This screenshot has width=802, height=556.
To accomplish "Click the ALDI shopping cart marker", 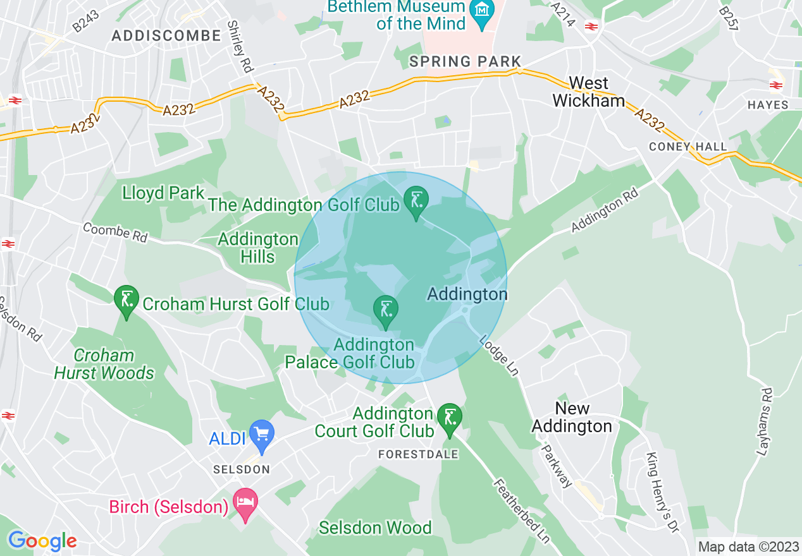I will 262,434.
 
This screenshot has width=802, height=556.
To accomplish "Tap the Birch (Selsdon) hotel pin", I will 245,504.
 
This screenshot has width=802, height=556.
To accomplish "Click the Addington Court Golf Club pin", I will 450,419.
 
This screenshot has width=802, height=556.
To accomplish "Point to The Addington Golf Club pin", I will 416,202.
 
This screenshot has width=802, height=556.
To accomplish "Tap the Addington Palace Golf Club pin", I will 385,311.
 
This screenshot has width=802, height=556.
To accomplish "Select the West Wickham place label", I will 588,92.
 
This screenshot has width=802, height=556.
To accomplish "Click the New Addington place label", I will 572,417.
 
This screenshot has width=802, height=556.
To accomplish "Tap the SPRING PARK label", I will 465,61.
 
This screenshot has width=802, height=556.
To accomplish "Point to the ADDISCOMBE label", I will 166,36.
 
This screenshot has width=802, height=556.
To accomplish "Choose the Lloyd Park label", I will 164,193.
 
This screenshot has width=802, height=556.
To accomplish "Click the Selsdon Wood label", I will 375,528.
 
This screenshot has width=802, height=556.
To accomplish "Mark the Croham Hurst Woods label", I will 104,364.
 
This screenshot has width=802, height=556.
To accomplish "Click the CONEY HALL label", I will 688,147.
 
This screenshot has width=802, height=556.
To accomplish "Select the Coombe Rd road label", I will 115,233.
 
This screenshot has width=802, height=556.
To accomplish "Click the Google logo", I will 42,541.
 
